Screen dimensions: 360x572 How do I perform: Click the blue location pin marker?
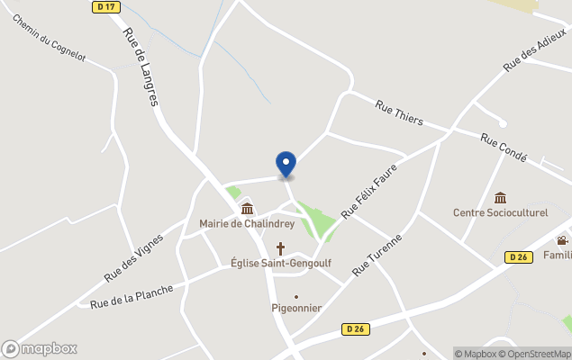coord(286,164)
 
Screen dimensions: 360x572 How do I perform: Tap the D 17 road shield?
coord(105,7)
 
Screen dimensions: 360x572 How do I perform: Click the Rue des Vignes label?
coord(133,257)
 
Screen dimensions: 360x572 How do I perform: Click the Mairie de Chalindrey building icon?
coord(246,209)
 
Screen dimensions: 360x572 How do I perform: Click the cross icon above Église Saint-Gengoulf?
coord(280,247)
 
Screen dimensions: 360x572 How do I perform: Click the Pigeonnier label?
coord(296,308)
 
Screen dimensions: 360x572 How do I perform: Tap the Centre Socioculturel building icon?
coord(500,198)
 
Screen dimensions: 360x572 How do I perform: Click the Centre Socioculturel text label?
coord(500,213)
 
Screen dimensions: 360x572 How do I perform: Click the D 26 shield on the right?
coord(517,257)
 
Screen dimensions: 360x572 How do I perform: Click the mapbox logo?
coord(40,348)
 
